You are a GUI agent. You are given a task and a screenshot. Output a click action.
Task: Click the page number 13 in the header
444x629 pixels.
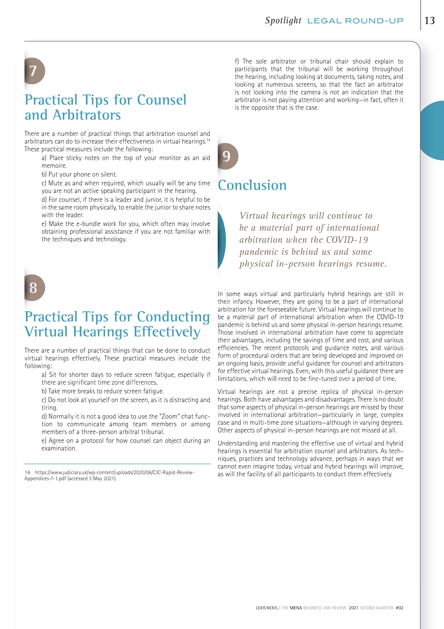tap(430, 20)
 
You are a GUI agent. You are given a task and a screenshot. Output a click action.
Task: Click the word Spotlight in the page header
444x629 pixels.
tap(283, 20)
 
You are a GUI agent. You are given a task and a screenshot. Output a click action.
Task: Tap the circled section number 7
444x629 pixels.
tap(33, 71)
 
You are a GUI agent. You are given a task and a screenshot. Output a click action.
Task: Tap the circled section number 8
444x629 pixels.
tap(33, 288)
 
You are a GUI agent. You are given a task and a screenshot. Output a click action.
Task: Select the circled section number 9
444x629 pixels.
tap(227, 156)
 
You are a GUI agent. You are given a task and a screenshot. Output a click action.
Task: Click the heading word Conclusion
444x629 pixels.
tap(252, 185)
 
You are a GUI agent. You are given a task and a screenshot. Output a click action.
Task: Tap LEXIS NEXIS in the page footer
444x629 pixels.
tap(267, 608)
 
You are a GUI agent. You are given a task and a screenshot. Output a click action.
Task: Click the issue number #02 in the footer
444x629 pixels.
tap(399, 608)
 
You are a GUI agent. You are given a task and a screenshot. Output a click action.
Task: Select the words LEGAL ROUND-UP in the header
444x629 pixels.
tap(355, 21)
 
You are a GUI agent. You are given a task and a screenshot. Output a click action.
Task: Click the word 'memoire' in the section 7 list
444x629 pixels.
tap(54, 166)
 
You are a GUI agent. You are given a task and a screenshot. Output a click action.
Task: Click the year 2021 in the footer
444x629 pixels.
tap(353, 608)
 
